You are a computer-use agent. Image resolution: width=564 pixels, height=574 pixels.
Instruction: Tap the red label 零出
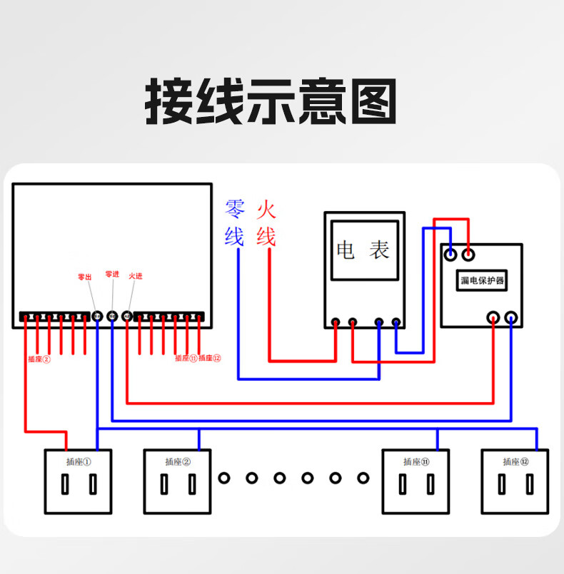[84, 277]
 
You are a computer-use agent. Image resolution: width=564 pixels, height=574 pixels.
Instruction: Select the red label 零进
[111, 274]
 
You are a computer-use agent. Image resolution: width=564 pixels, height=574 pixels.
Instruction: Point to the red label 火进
[135, 276]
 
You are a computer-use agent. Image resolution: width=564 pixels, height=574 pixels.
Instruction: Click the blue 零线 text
[234, 222]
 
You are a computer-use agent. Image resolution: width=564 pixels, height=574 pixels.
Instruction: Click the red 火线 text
[266, 222]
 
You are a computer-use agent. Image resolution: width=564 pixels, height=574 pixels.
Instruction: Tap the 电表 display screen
[363, 250]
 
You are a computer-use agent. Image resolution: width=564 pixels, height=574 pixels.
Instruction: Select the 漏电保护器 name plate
[481, 280]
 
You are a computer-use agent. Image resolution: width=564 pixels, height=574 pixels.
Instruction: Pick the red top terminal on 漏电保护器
[469, 253]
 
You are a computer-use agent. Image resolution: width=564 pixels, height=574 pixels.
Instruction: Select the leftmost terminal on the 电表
[336, 323]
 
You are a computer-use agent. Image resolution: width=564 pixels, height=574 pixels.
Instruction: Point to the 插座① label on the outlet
[78, 461]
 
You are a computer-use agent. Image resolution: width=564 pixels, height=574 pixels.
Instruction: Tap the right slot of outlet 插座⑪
[430, 485]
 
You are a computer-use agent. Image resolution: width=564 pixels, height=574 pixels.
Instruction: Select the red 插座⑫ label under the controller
[210, 359]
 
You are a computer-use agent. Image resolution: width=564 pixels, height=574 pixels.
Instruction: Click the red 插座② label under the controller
[39, 359]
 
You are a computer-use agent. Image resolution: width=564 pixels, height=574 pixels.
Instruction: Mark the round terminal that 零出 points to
[97, 316]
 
